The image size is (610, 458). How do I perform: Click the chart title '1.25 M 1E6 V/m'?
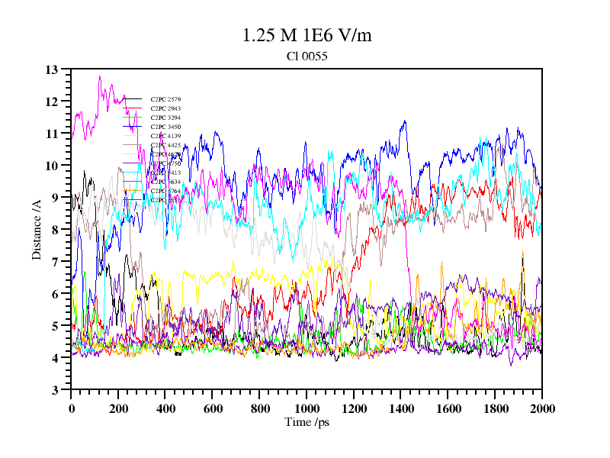point(307,35)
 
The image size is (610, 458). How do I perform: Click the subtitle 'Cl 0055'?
point(307,56)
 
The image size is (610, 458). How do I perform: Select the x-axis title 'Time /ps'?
point(306,422)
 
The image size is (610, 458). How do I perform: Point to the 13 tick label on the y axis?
point(52,69)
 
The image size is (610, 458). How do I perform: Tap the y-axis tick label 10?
point(52,166)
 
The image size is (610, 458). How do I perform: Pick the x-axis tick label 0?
point(71,408)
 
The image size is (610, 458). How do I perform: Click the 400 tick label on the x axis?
point(165,408)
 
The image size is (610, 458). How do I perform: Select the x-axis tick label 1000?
point(307,408)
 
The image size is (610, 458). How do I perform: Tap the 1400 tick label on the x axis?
point(401,408)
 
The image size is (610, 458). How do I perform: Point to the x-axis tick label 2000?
point(542,408)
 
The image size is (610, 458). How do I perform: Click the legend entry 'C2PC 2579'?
point(165,99)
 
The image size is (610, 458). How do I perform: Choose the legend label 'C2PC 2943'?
point(165,108)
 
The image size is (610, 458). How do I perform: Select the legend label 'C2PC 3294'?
point(165,118)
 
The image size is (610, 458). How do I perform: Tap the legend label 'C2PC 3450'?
point(165,127)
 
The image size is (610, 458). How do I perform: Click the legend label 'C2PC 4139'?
point(165,136)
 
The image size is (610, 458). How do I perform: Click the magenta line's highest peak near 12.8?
point(99,76)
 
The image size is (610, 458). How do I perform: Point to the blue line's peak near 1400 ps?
point(404,121)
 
